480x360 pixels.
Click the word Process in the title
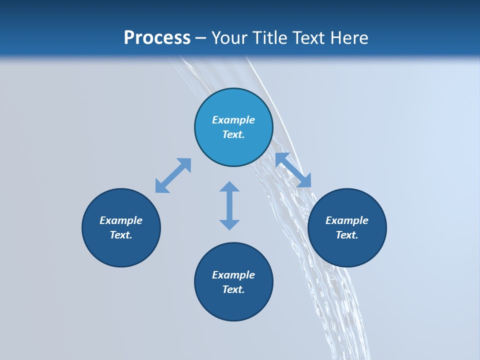pyautogui.click(x=157, y=38)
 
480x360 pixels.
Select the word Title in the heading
pyautogui.click(x=271, y=38)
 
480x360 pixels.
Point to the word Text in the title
pyautogui.click(x=309, y=38)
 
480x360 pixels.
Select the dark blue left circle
pyautogui.click(x=121, y=245)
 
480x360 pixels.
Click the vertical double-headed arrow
pyautogui.click(x=229, y=205)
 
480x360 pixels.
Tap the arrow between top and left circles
pyautogui.click(x=173, y=175)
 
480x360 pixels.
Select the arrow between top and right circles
pyautogui.click(x=293, y=170)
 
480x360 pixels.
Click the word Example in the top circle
pyautogui.click(x=233, y=120)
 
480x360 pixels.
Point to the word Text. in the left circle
pyautogui.click(x=121, y=235)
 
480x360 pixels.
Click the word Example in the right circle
pyautogui.click(x=347, y=220)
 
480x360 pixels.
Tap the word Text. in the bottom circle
pyautogui.click(x=233, y=289)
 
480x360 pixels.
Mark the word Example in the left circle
pyautogui.click(x=121, y=220)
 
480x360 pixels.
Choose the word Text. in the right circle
pyautogui.click(x=347, y=235)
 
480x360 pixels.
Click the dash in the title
pyautogui.click(x=201, y=38)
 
